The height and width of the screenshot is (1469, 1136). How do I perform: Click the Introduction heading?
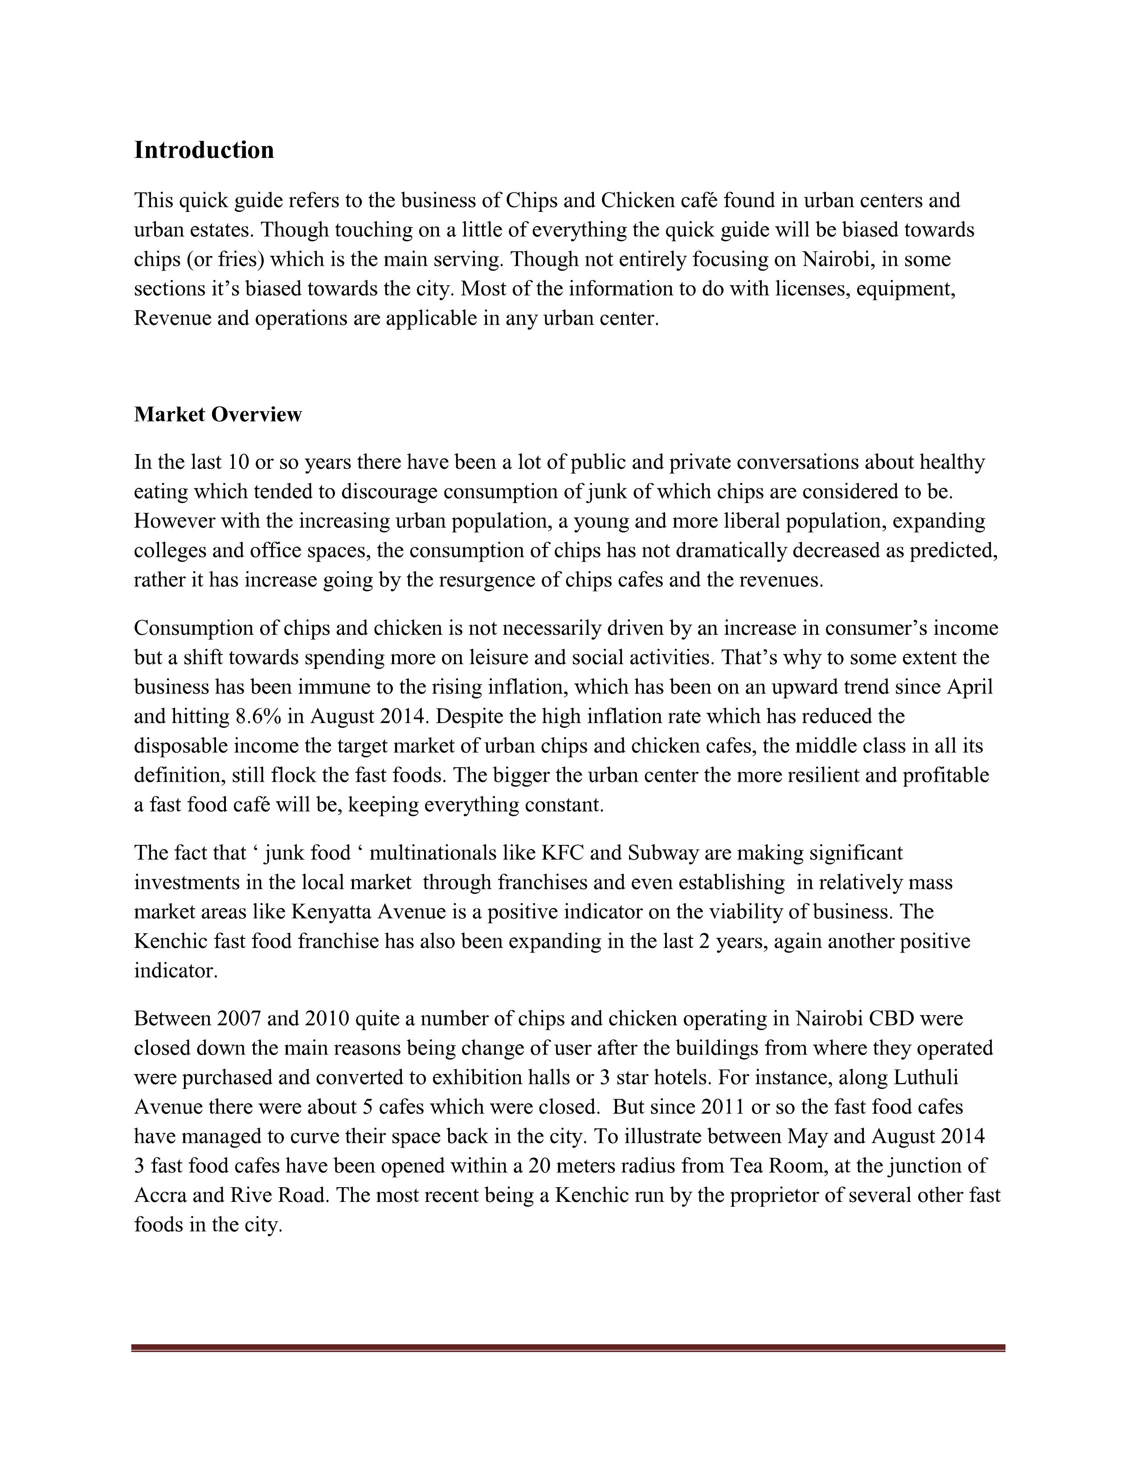(204, 150)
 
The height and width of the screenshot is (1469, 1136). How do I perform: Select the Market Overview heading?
(218, 414)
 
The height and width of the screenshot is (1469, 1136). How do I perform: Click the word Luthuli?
(925, 1078)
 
